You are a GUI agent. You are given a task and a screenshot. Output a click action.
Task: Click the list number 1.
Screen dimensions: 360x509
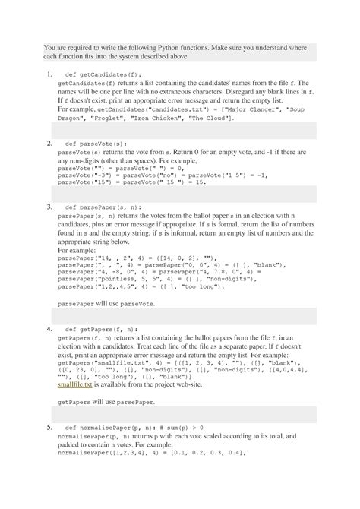49,74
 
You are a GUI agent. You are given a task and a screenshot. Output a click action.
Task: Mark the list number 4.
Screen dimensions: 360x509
49,329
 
